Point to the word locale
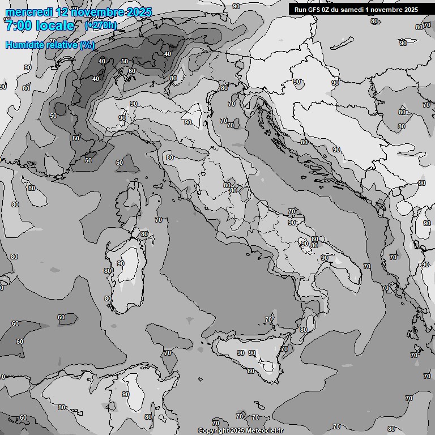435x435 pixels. pyautogui.click(x=57, y=25)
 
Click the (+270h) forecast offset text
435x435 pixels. pyautogui.click(x=100, y=25)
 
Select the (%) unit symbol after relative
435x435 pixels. pyautogui.click(x=87, y=45)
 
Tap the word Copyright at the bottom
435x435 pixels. pyautogui.click(x=214, y=431)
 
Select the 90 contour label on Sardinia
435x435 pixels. pyautogui.click(x=121, y=263)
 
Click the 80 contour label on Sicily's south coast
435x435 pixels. pyautogui.click(x=250, y=371)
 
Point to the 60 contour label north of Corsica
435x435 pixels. pyautogui.click(x=120, y=163)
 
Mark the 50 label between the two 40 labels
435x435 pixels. pyautogui.click(x=125, y=61)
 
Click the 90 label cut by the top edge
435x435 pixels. pyautogui.click(x=236, y=6)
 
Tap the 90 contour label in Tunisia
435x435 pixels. pyautogui.click(x=125, y=394)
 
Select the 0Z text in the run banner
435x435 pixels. pyautogui.click(x=330, y=9)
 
